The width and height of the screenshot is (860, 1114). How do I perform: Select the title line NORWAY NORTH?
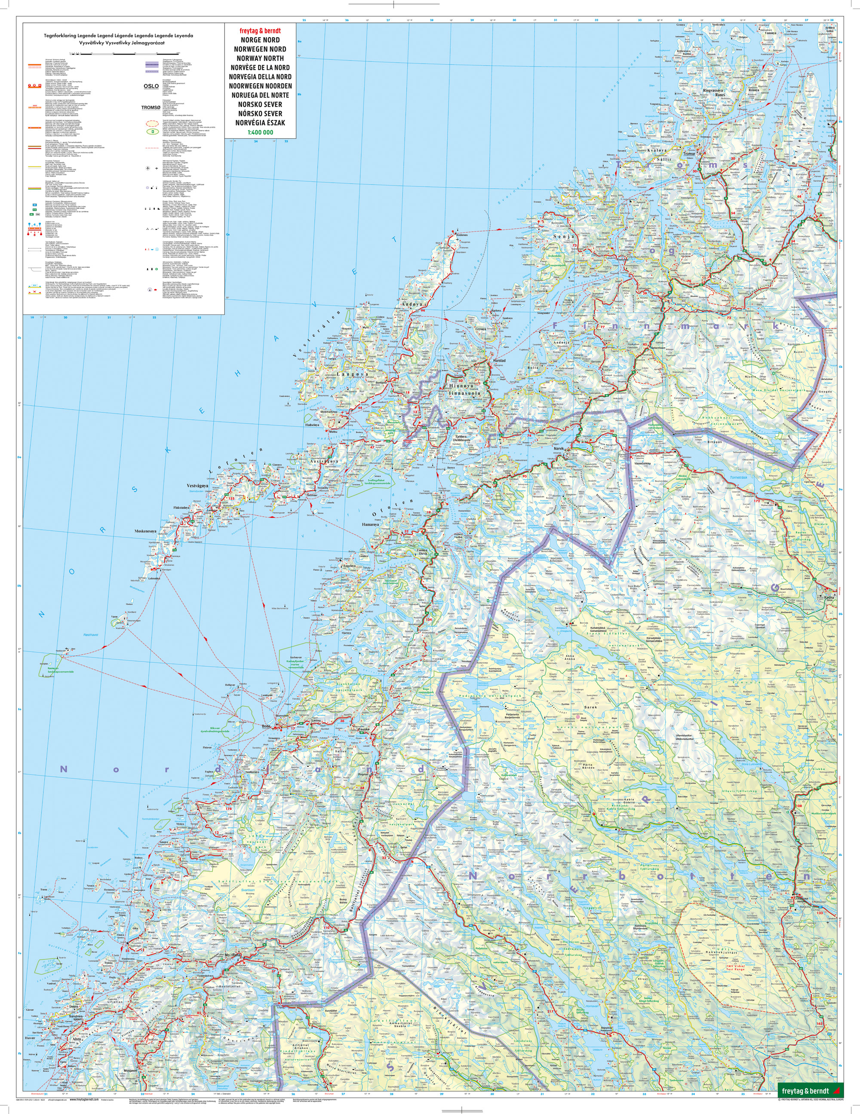(x=260, y=58)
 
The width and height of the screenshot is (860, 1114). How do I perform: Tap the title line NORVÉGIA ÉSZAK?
(x=260, y=123)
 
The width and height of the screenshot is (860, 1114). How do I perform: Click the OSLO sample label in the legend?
(x=151, y=86)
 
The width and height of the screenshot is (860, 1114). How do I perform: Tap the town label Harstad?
(x=499, y=361)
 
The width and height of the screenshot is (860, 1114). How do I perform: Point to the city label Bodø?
(x=265, y=726)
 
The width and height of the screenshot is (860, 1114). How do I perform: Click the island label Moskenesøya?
(x=148, y=531)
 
